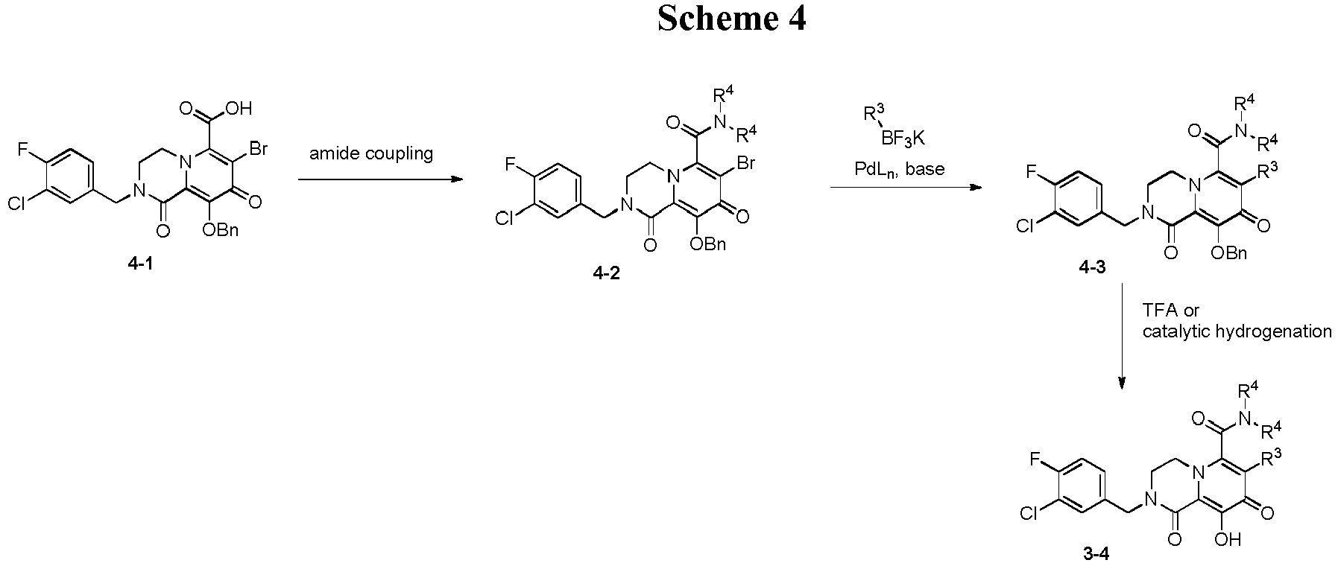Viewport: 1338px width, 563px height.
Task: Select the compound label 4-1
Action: coord(140,263)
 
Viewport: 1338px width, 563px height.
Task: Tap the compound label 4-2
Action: coord(607,273)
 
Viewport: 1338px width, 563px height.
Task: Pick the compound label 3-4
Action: coord(1096,553)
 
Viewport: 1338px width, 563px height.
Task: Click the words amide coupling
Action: coord(371,154)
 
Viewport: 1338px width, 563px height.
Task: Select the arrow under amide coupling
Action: coord(379,179)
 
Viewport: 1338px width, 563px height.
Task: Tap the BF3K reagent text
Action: coord(904,138)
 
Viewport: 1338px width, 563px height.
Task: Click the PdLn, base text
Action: coord(900,170)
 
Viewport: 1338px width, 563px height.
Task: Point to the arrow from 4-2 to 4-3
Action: coord(906,187)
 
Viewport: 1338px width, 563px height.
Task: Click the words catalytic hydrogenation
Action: coord(1237,331)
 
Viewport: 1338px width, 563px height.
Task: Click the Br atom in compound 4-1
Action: coord(258,148)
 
